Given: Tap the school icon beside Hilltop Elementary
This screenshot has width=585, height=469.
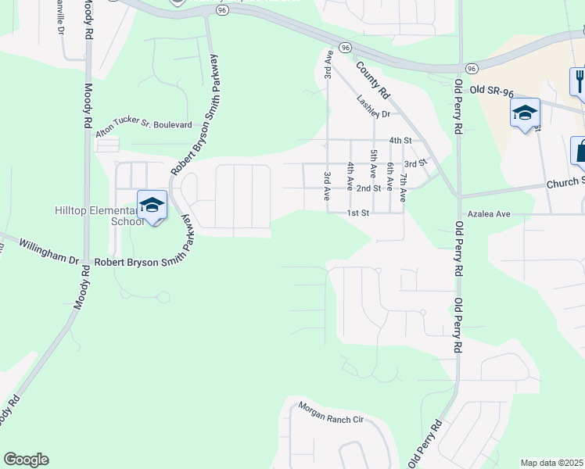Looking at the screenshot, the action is [x=152, y=206].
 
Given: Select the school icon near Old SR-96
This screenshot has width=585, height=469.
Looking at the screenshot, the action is [x=525, y=113].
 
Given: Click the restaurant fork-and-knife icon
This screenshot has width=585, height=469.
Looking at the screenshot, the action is [x=580, y=81].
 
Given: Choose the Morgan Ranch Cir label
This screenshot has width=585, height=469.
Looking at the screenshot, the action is [x=332, y=414].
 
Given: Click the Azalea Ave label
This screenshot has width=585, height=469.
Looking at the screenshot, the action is [x=489, y=213].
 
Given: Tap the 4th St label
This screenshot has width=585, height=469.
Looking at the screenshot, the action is [x=400, y=141].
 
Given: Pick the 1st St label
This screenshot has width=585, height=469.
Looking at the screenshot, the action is [x=358, y=213].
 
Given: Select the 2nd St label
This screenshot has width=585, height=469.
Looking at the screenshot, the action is [x=368, y=188].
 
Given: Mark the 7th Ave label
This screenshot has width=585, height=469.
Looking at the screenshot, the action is [x=403, y=188].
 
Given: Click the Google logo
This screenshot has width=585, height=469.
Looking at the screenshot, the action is [x=26, y=460].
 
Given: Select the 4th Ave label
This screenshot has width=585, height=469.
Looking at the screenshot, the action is [x=350, y=176].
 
